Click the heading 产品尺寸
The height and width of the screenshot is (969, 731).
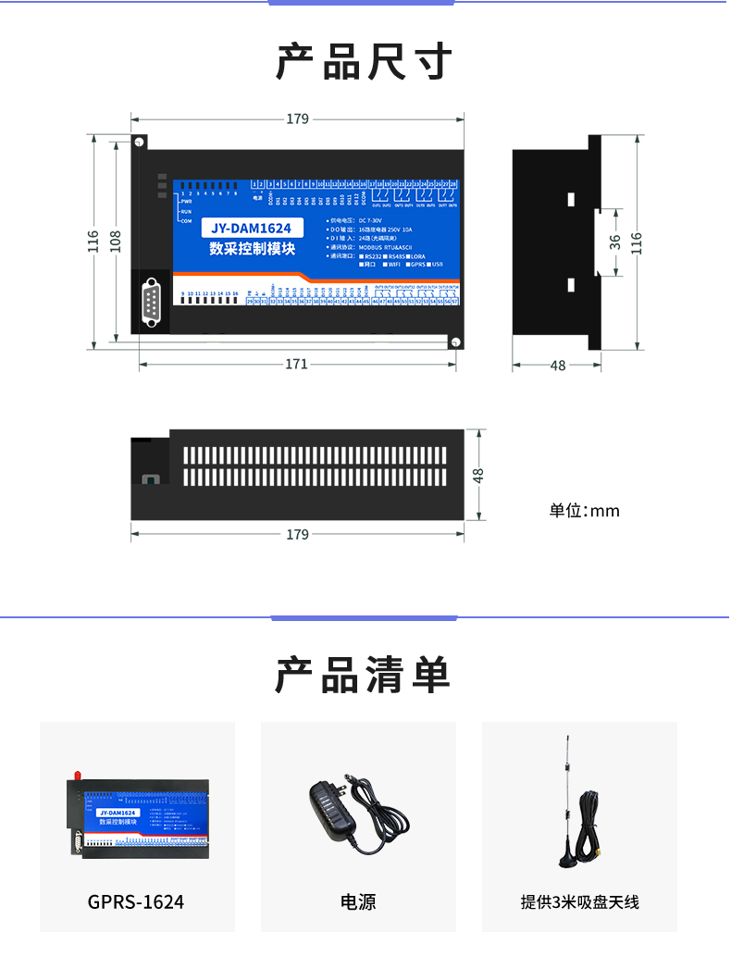(364, 62)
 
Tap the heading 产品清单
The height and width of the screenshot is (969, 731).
(364, 675)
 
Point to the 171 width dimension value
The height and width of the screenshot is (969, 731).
(296, 365)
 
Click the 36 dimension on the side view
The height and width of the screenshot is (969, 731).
(615, 242)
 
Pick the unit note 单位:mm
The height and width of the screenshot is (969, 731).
(584, 511)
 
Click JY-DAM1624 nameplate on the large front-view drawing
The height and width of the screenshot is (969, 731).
(251, 229)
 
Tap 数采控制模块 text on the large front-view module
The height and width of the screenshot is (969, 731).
(252, 249)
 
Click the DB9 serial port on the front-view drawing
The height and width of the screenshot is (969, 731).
(151, 304)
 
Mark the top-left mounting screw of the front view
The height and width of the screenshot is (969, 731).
(139, 143)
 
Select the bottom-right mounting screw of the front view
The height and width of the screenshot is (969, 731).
(455, 342)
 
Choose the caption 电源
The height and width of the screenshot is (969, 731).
(358, 901)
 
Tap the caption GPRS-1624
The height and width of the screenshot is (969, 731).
(136, 901)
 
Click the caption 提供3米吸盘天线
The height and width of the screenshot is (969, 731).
(580, 901)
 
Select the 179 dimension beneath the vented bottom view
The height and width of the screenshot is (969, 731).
(297, 535)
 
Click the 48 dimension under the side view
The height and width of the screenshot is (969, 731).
(558, 366)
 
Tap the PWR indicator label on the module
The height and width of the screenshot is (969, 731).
(186, 201)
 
